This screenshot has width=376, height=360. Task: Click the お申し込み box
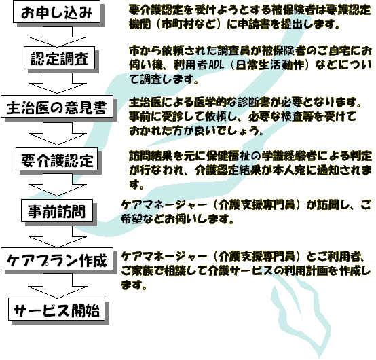(x=56, y=12)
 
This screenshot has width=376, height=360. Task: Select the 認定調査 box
(x=60, y=58)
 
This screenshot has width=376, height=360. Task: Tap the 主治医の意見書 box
(x=57, y=107)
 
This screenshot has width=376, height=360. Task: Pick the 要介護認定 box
(x=57, y=159)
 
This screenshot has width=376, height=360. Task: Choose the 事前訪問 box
(x=57, y=211)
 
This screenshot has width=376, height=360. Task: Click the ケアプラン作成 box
(x=57, y=259)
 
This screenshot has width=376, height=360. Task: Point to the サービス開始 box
(x=57, y=309)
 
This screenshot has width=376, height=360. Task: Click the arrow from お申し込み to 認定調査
(x=58, y=37)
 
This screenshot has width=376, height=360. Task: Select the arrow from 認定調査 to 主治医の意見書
(x=58, y=83)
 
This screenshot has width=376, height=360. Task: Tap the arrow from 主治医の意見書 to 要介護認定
(x=58, y=133)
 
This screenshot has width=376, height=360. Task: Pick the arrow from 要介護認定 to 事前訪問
(x=58, y=185)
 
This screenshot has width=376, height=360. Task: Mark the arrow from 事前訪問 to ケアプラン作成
(x=58, y=236)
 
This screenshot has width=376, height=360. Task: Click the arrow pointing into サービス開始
(x=58, y=286)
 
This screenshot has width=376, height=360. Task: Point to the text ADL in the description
(x=217, y=65)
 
